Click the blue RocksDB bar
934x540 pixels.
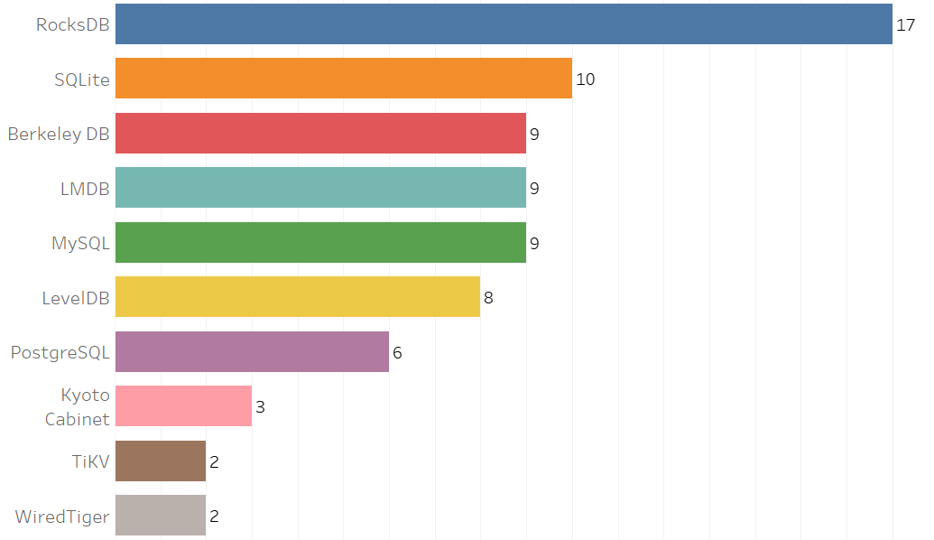[504, 24]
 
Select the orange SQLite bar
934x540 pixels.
[344, 79]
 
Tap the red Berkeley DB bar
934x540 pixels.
[320, 134]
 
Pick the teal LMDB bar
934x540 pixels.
[320, 188]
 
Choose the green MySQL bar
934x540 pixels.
[320, 243]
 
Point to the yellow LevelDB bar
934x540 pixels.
[298, 297]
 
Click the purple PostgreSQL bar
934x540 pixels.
[252, 352]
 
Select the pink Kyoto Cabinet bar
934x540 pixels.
[183, 406]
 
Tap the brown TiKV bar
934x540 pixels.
[161, 461]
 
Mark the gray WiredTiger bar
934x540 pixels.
[161, 516]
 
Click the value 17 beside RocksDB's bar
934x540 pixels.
[906, 24]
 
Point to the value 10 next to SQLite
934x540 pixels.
[586, 79]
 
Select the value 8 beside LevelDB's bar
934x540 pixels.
[488, 297]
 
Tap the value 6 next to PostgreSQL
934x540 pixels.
[397, 352]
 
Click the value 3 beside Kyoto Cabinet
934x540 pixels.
[260, 406]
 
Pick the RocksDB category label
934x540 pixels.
[72, 24]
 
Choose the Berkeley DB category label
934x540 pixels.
[59, 134]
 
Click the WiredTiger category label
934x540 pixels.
[62, 517]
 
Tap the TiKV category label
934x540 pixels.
[90, 461]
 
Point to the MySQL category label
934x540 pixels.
[80, 243]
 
